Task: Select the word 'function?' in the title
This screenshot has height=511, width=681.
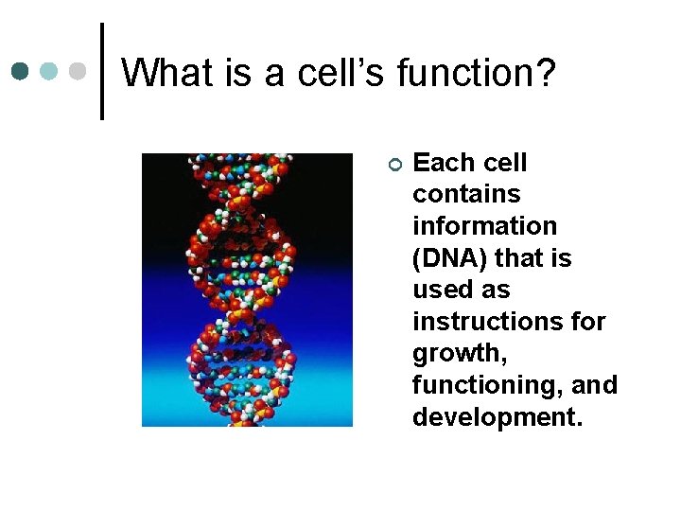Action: [477, 72]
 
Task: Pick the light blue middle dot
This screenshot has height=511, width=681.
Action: [50, 71]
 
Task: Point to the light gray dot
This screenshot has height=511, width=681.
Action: [79, 71]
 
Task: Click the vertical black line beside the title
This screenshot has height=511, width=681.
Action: [101, 71]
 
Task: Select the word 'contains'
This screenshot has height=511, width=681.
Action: [466, 194]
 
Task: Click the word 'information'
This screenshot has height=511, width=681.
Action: [484, 226]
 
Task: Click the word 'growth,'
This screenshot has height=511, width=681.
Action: [455, 354]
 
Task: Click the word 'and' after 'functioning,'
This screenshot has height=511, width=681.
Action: [594, 386]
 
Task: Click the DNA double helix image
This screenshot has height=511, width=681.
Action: [247, 290]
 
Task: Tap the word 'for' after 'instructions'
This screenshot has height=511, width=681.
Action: [588, 322]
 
